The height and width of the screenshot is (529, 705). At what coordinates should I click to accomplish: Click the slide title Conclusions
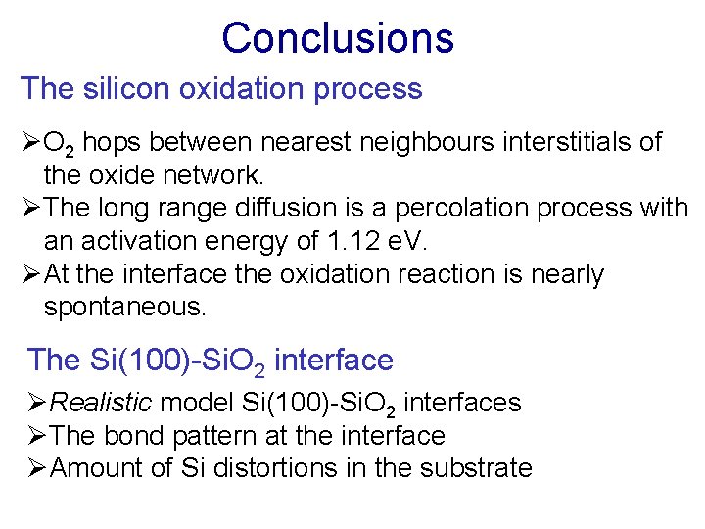[338, 38]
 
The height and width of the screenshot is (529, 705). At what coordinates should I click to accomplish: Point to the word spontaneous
[125, 308]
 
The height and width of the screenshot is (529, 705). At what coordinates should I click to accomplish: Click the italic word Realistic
[101, 403]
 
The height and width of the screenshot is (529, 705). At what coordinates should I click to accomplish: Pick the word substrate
[476, 468]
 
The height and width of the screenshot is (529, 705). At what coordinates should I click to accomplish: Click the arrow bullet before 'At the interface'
[31, 275]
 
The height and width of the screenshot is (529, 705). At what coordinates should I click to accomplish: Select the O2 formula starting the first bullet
[57, 144]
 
